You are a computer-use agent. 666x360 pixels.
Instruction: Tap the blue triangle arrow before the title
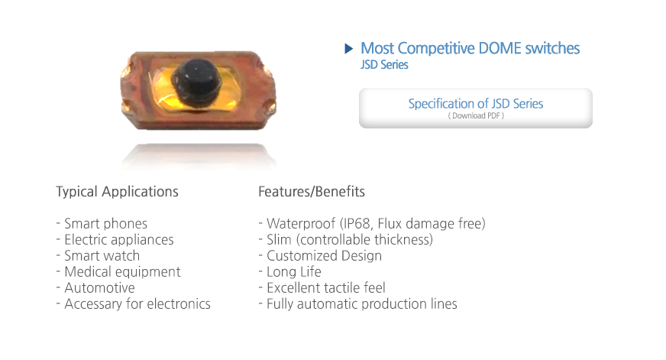pos(349,48)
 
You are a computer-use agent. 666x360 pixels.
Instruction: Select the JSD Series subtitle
pos(384,65)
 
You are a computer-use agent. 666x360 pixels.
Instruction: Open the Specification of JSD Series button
pos(476,108)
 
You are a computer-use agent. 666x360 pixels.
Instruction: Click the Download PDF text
pos(476,115)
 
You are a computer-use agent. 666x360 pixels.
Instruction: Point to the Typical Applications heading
pos(117,192)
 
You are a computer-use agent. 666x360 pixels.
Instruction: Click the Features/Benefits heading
pos(312,192)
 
